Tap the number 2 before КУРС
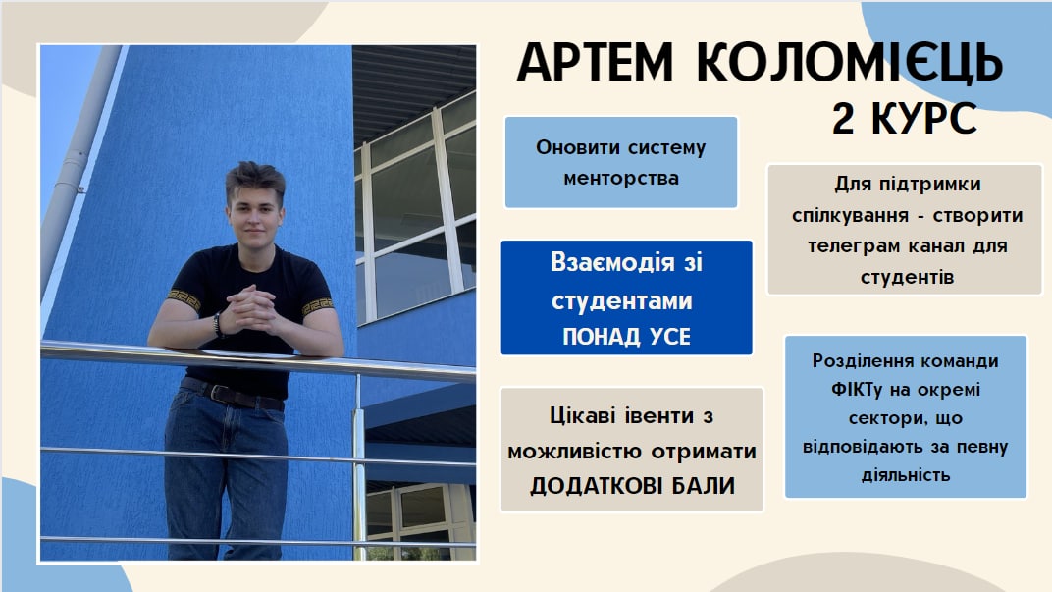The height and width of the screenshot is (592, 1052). tap(843, 119)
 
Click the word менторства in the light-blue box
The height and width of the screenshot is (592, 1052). tap(621, 178)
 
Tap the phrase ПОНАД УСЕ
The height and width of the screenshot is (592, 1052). tap(626, 337)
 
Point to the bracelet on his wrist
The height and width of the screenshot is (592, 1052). tap(218, 323)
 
